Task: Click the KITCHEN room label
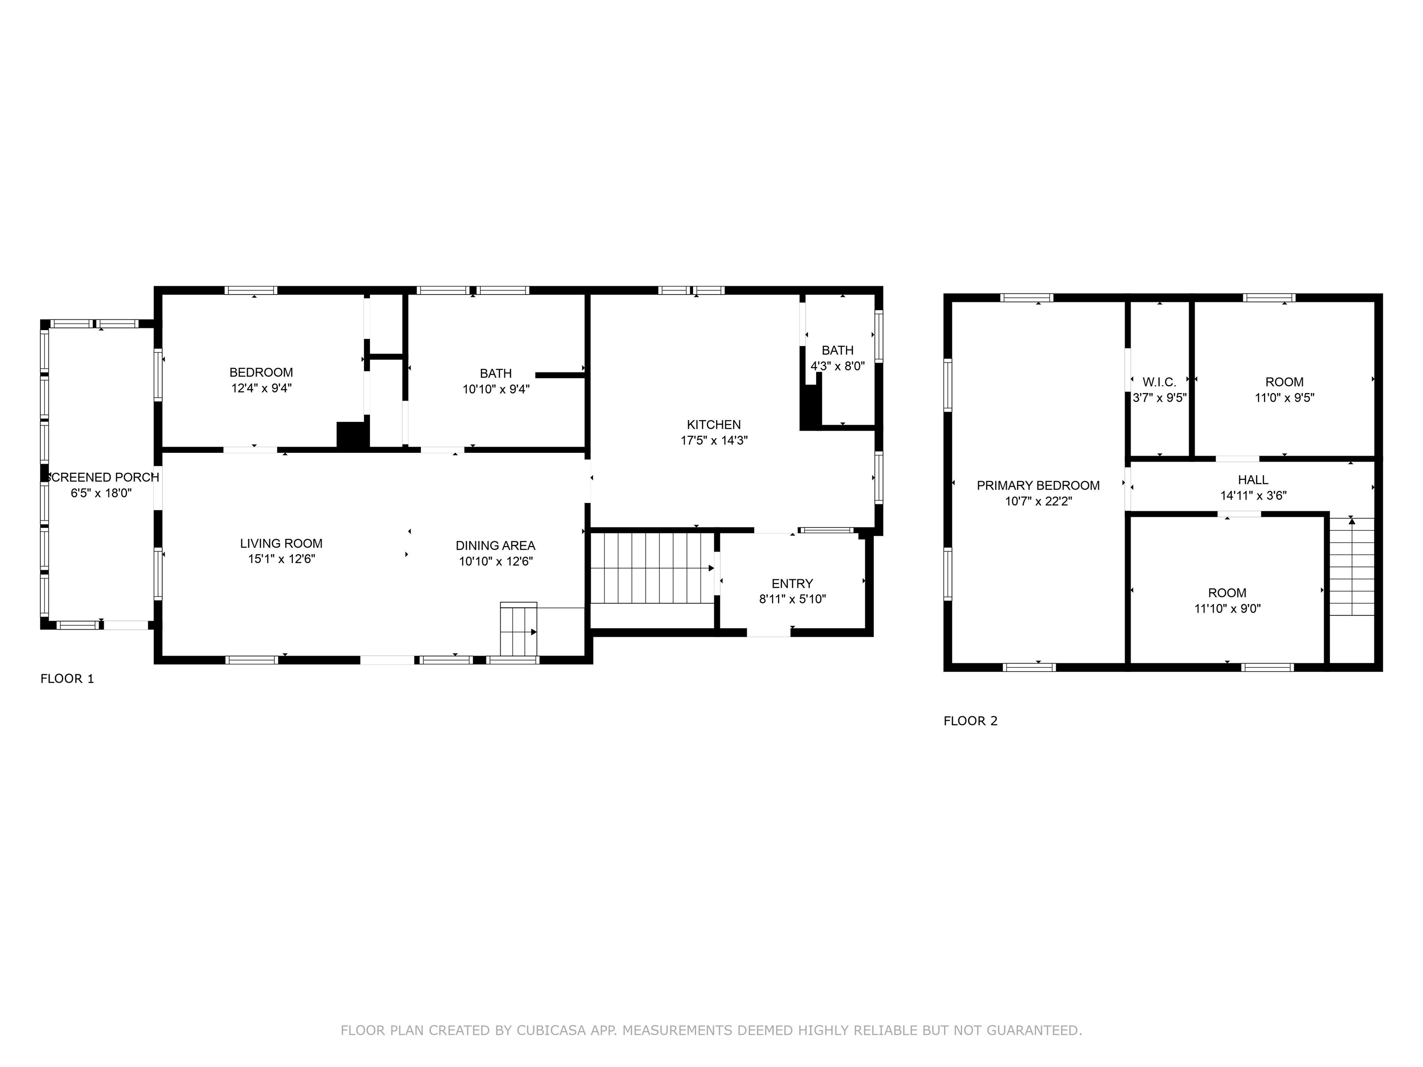(x=713, y=425)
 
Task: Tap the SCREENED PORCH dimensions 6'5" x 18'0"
(x=101, y=493)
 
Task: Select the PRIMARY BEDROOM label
(x=1038, y=486)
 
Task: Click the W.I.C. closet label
(x=1159, y=382)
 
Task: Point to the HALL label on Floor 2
(x=1253, y=480)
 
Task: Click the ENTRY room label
(x=792, y=584)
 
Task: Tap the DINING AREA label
(x=495, y=546)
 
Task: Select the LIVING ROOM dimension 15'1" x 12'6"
(x=281, y=559)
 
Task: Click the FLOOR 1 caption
(x=67, y=678)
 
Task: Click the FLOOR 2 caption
(x=970, y=721)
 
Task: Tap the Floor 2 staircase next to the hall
(x=1352, y=566)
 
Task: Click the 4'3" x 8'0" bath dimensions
(x=837, y=366)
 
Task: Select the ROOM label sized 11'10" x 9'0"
(x=1227, y=593)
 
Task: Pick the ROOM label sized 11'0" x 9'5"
(x=1284, y=382)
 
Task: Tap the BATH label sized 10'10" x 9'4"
(x=495, y=374)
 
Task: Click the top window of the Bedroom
(x=251, y=290)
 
